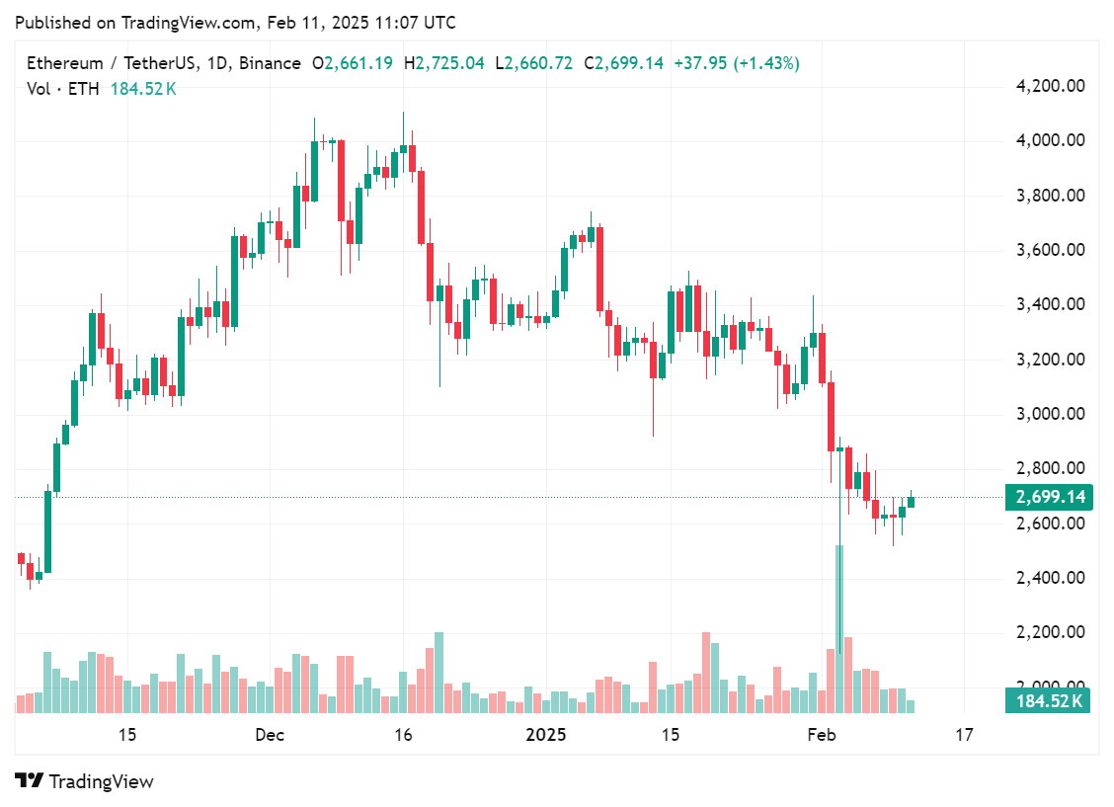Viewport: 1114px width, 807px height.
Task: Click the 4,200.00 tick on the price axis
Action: tap(1051, 86)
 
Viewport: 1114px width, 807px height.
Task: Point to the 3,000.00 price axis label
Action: tap(1051, 414)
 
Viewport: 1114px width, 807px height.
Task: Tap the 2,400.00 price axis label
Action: tap(1051, 578)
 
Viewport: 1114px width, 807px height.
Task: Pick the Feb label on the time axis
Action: tap(822, 735)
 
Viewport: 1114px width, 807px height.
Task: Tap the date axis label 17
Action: tap(964, 735)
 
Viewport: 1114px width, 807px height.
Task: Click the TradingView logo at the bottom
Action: tap(85, 781)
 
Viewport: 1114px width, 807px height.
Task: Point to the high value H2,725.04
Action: tap(449, 63)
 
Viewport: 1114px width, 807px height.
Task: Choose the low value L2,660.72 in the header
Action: tap(538, 63)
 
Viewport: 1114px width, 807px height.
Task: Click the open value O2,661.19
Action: tap(353, 63)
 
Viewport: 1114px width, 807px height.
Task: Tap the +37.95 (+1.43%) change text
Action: tap(737, 63)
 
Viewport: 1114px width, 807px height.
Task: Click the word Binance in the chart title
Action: tap(270, 63)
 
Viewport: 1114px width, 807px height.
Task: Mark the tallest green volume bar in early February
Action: tap(839, 628)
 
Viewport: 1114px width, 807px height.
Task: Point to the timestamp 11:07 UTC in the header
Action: tap(419, 22)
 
